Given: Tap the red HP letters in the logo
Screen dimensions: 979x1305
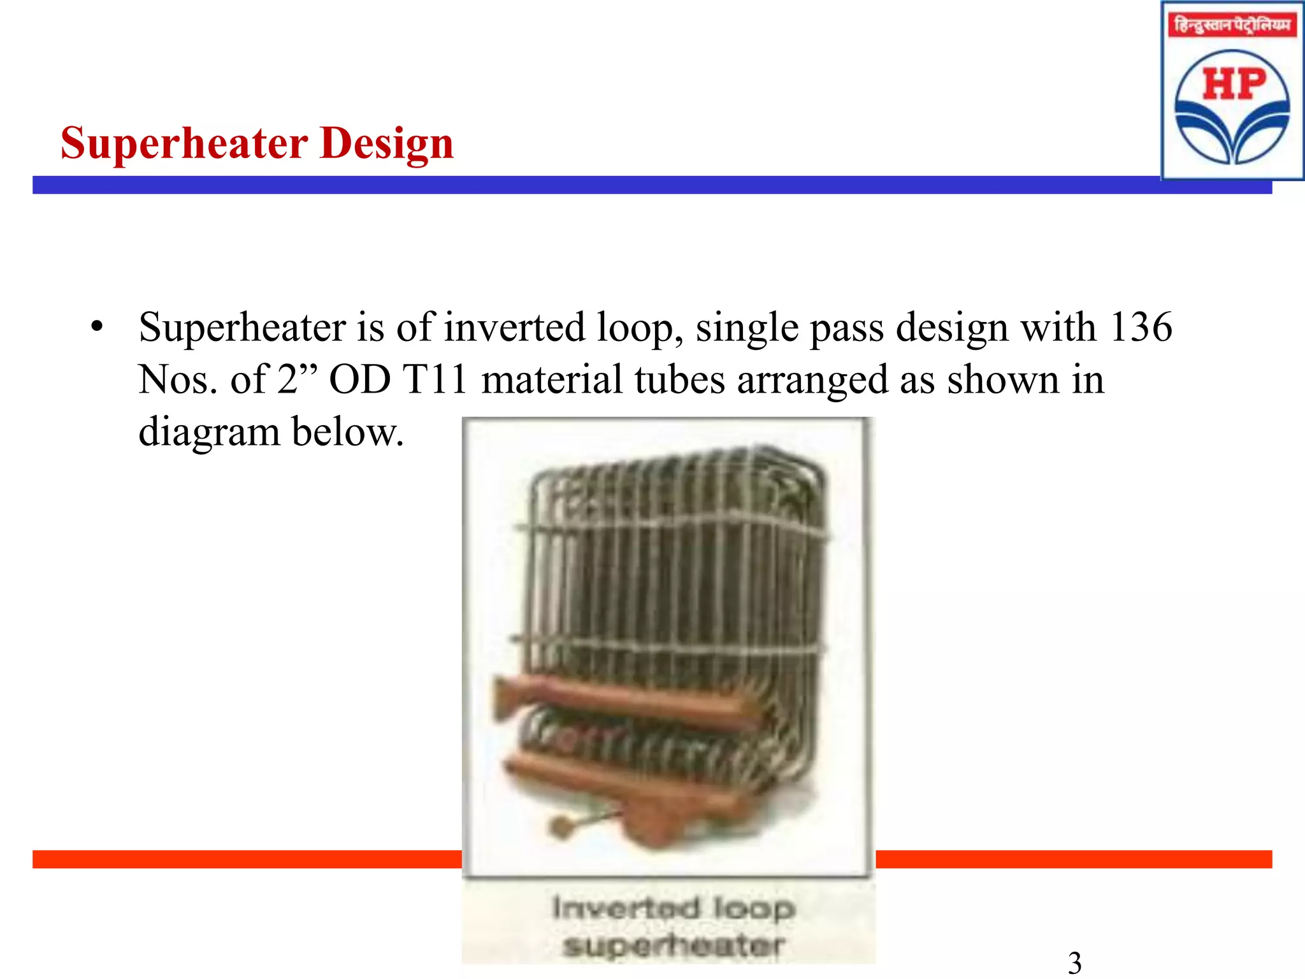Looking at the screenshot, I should pyautogui.click(x=1234, y=85).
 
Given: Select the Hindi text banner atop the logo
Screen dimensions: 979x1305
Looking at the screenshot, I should pyautogui.click(x=1232, y=25).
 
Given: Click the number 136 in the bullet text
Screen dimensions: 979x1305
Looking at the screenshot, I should pyautogui.click(x=1140, y=328).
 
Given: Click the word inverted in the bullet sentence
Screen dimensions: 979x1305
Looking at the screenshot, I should pyautogui.click(x=514, y=328).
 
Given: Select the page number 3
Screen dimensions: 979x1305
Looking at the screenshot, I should pyautogui.click(x=1074, y=962).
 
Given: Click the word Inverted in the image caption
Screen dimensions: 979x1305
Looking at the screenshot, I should pyautogui.click(x=625, y=908).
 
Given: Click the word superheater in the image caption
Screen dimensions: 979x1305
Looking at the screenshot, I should pyautogui.click(x=673, y=946).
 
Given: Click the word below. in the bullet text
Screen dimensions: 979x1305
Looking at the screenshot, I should pyautogui.click(x=348, y=432).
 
